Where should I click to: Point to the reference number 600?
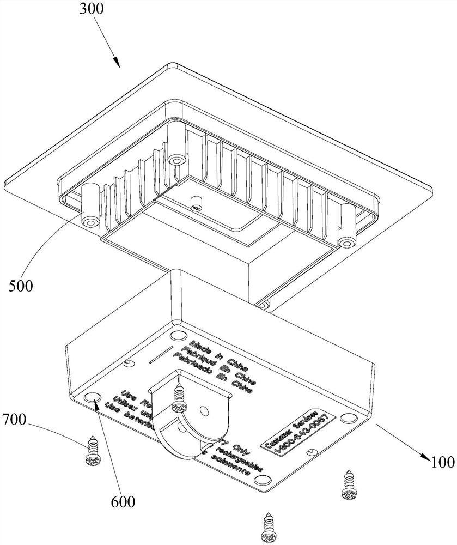tap(121, 500)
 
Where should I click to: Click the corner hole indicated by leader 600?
tap(93, 396)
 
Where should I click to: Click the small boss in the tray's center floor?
tap(197, 205)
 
